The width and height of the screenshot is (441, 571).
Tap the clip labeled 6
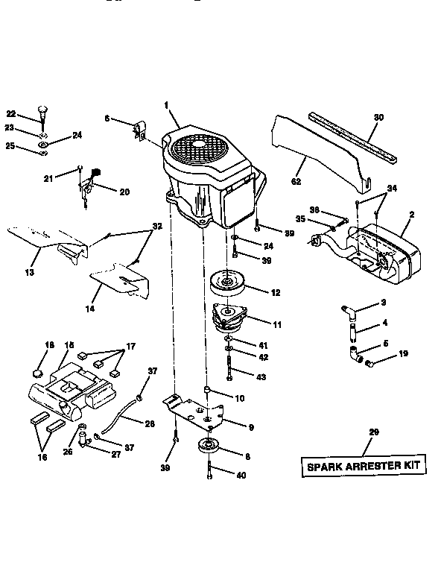(139, 130)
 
